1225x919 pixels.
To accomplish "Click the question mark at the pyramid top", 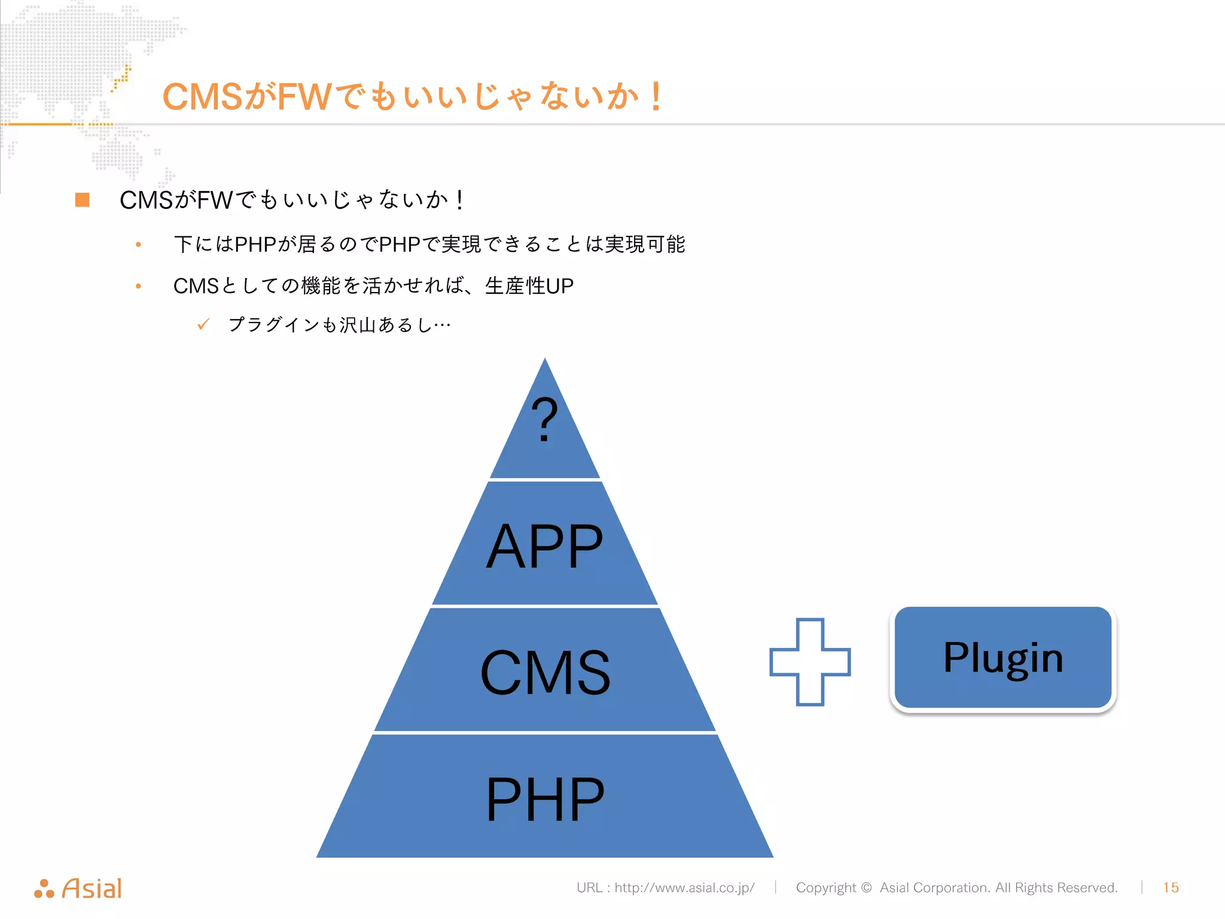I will pyautogui.click(x=544, y=420).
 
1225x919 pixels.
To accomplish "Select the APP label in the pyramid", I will pyautogui.click(x=544, y=546).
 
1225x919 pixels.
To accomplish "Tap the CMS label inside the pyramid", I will pyautogui.click(x=545, y=673).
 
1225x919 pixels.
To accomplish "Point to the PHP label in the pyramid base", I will pyautogui.click(x=545, y=799).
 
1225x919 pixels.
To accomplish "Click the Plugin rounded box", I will pyautogui.click(x=1003, y=658).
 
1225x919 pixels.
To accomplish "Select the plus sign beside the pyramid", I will pyautogui.click(x=810, y=662).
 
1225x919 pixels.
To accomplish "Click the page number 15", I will pyautogui.click(x=1171, y=887).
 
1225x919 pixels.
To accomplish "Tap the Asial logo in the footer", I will pyautogui.click(x=78, y=888).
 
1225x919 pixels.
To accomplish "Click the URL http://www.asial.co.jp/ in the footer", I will pyautogui.click(x=684, y=887).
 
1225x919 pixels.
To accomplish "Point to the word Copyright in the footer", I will pyautogui.click(x=826, y=887).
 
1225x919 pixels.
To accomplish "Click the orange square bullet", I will pyautogui.click(x=83, y=200).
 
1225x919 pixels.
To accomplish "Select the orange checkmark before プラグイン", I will pyautogui.click(x=203, y=324).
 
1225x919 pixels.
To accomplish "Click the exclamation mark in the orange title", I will pyautogui.click(x=656, y=97).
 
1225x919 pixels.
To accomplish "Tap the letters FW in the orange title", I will pyautogui.click(x=304, y=97).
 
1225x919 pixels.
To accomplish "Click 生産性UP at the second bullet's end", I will pyautogui.click(x=529, y=286).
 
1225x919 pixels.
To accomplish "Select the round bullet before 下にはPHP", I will pyautogui.click(x=138, y=244).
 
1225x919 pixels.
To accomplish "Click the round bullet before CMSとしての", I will pyautogui.click(x=138, y=286).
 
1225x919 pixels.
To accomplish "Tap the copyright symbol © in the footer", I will pyautogui.click(x=866, y=887).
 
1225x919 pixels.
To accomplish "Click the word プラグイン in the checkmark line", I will pyautogui.click(x=274, y=324).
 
